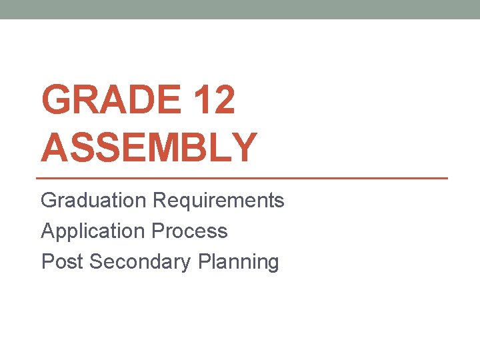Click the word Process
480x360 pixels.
coord(189,231)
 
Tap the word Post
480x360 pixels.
coord(62,261)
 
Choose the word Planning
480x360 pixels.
coord(238,262)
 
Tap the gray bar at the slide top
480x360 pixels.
coord(240,9)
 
